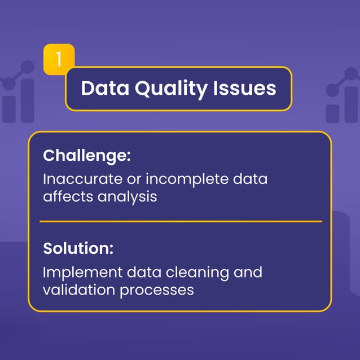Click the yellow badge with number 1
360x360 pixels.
pyautogui.click(x=59, y=59)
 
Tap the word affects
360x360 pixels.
pyautogui.click(x=67, y=197)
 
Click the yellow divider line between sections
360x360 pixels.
pyautogui.click(x=181, y=221)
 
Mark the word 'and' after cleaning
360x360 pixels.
pyautogui.click(x=248, y=273)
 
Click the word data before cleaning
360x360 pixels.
pyautogui.click(x=149, y=273)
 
